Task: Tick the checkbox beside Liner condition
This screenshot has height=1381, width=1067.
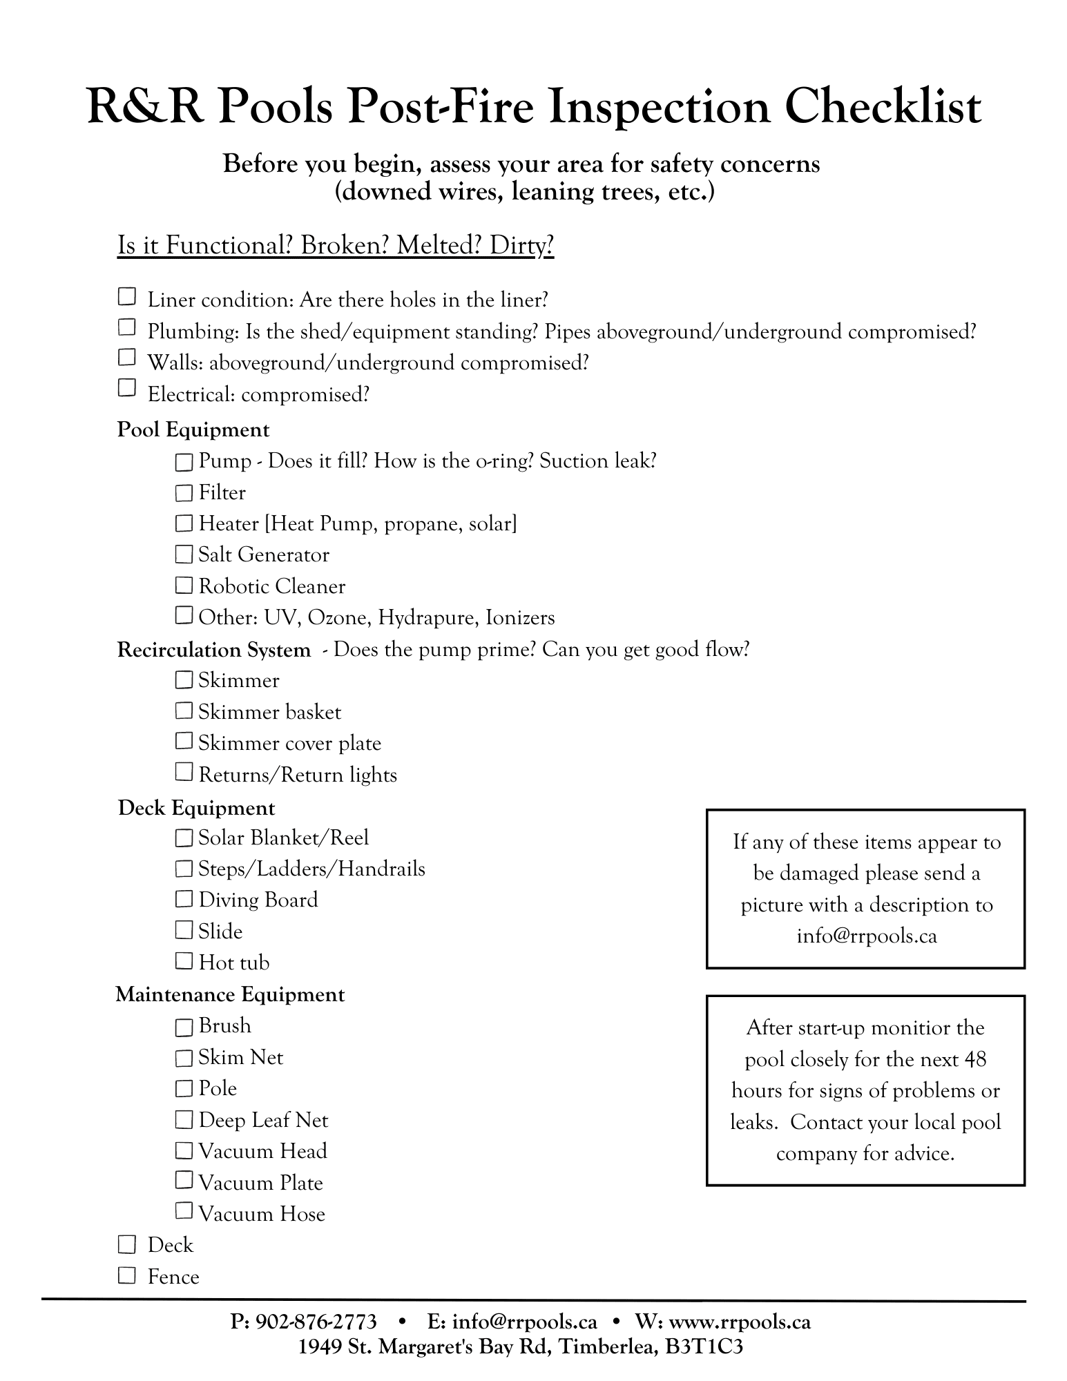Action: pyautogui.click(x=126, y=297)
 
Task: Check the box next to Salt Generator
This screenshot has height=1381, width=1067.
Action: pyautogui.click(x=184, y=554)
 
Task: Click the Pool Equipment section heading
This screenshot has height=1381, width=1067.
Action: pyautogui.click(x=193, y=429)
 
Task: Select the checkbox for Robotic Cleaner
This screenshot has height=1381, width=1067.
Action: pyautogui.click(x=184, y=586)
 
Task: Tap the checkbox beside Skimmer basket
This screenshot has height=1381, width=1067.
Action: pyautogui.click(x=184, y=711)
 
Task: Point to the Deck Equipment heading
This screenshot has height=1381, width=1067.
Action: pyautogui.click(x=196, y=808)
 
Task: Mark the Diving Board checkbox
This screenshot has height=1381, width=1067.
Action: pyautogui.click(x=184, y=899)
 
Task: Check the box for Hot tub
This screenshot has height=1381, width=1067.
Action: pyautogui.click(x=184, y=961)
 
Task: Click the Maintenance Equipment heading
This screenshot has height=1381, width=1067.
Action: pyautogui.click(x=230, y=994)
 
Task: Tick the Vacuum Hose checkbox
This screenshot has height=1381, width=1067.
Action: pyautogui.click(x=184, y=1211)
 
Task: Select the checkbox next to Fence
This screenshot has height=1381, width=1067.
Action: pyautogui.click(x=126, y=1275)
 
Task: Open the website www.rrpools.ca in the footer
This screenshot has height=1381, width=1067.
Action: pyautogui.click(x=740, y=1322)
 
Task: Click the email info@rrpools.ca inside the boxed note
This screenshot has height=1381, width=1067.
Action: pyautogui.click(x=866, y=936)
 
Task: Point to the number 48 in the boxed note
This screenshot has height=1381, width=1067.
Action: pyautogui.click(x=974, y=1059)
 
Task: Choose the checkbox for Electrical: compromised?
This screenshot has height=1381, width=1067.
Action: pyautogui.click(x=126, y=388)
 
